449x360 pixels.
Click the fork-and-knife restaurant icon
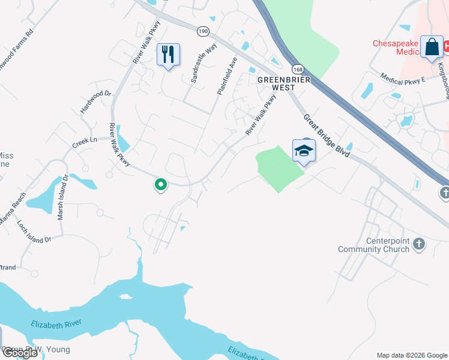click(168, 55)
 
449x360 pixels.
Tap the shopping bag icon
click(432, 47)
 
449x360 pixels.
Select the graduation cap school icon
click(304, 151)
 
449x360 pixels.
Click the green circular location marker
click(160, 185)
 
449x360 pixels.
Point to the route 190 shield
click(203, 31)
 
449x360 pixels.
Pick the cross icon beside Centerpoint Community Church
click(419, 244)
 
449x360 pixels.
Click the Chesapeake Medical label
click(399, 47)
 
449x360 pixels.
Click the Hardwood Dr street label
click(96, 102)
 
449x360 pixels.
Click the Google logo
click(20, 353)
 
